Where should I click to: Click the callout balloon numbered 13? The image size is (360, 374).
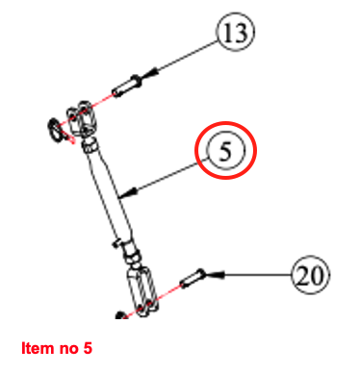tap(236, 32)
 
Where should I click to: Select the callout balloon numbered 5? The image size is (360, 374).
tap(226, 150)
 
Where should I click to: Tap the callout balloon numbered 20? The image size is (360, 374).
tap(310, 275)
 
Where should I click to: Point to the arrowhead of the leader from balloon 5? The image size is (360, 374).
tap(129, 192)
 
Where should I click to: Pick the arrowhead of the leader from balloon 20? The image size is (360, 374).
tap(215, 274)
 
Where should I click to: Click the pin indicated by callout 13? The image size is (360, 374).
tap(126, 86)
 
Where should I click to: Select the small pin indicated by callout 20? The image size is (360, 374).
tap(192, 279)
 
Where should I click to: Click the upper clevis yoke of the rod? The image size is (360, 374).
tap(80, 118)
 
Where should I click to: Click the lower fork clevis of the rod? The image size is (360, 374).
tap(142, 291)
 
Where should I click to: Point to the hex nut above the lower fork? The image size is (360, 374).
tap(131, 253)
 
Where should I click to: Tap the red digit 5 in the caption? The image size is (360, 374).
tap(88, 348)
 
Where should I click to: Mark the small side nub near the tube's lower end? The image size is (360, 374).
tap(116, 242)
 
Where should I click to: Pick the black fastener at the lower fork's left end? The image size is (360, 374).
tap(120, 315)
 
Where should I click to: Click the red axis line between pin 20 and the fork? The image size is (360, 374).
tap(169, 292)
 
